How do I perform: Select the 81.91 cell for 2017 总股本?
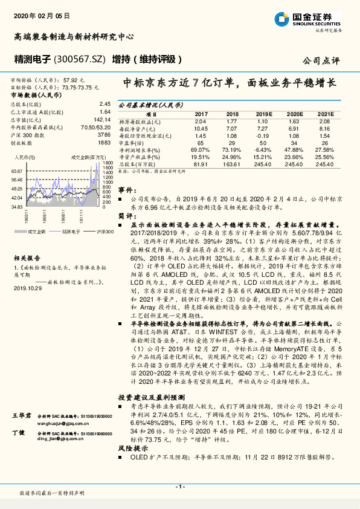(201, 164)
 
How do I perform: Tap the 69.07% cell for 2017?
(201, 149)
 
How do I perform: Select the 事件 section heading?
(124, 189)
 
